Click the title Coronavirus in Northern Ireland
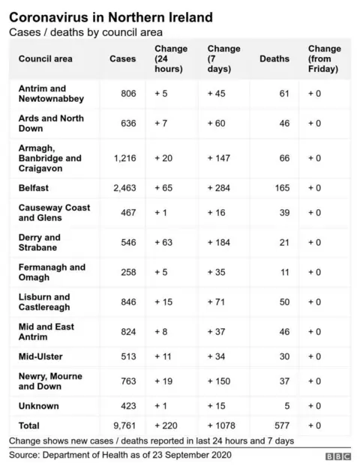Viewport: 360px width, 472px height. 109,16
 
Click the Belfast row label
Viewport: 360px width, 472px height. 34,188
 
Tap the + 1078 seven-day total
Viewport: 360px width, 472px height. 223,425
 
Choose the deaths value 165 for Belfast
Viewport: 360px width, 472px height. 282,188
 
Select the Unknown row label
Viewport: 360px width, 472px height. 38,406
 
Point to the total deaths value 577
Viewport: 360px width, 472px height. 282,425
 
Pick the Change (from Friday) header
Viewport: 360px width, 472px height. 324,58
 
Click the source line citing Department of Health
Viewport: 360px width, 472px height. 120,456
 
